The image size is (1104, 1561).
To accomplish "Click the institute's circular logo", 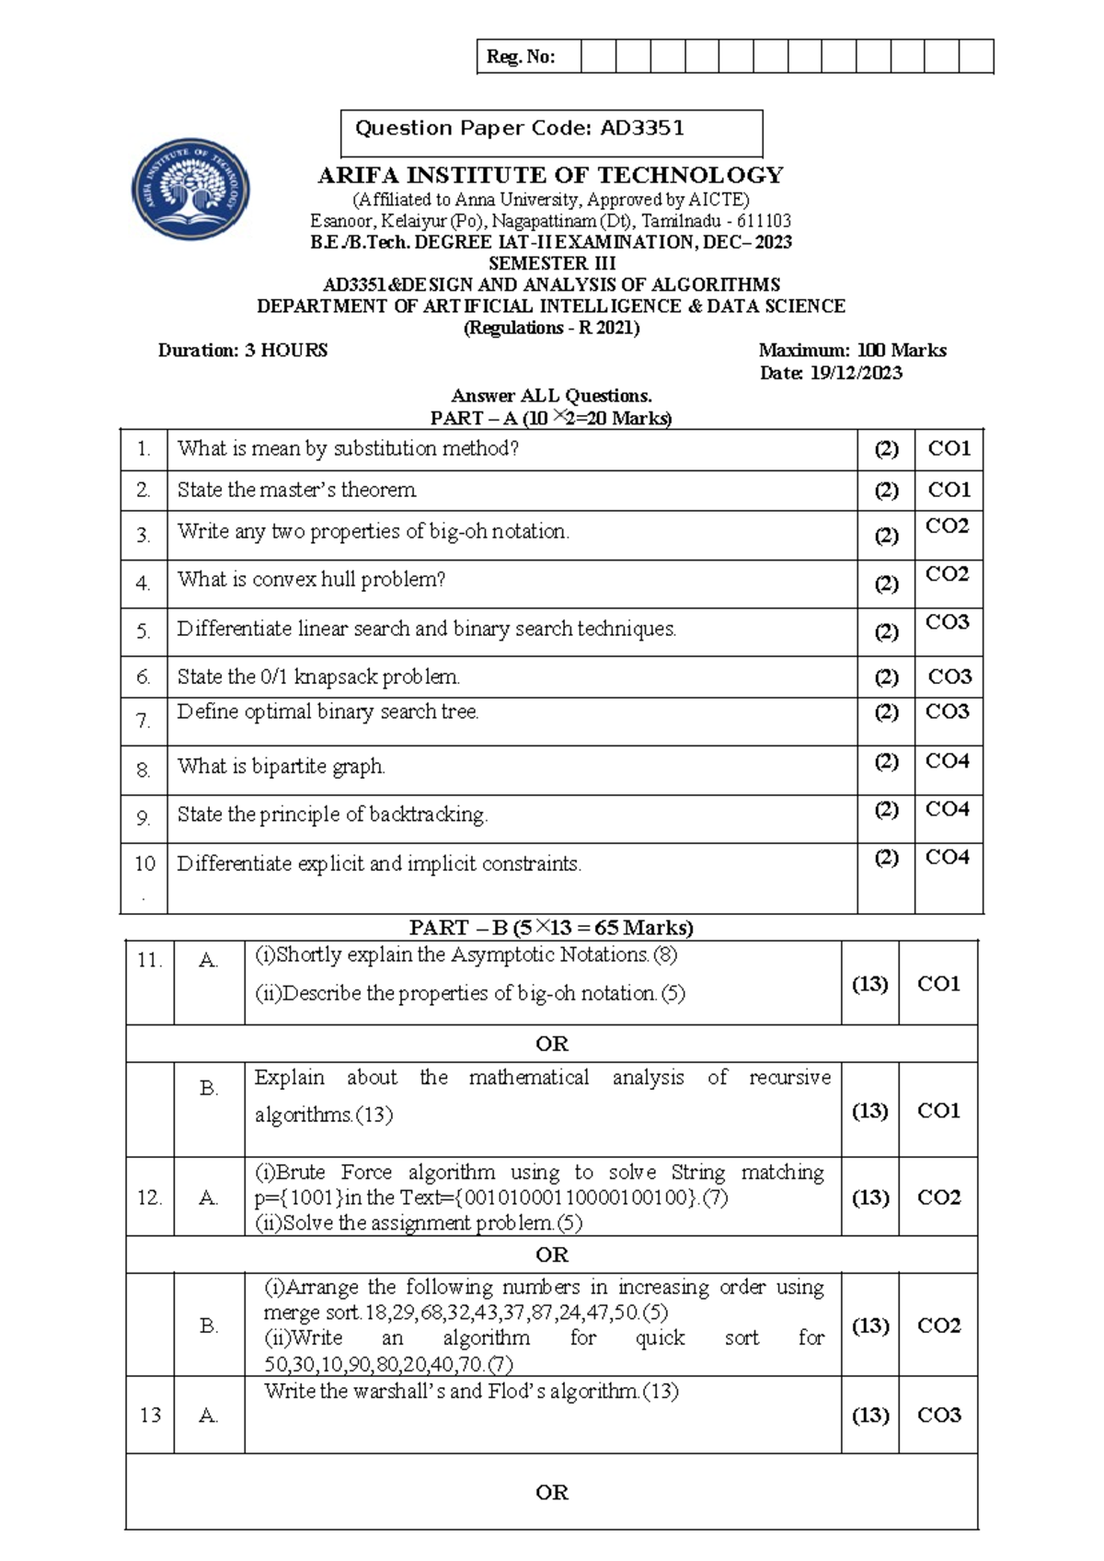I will [190, 190].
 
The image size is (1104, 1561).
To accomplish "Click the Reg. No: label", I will [521, 57].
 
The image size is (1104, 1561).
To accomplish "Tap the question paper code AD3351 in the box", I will [642, 129].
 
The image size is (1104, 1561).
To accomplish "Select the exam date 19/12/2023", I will [856, 374].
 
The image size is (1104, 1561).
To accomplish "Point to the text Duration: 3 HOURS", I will [243, 351].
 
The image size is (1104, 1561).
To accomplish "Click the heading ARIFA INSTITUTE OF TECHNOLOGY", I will [550, 176].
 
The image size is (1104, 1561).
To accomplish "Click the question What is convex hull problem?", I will [311, 580].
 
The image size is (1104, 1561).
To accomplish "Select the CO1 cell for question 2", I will [949, 490].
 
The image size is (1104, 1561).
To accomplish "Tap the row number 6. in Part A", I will [144, 677].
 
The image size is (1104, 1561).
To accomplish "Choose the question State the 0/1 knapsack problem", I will [318, 677].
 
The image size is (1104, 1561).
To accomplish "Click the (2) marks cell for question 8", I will [886, 762].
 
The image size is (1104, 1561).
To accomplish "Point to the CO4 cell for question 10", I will [947, 858].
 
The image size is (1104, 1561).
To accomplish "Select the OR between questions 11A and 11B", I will [551, 1044].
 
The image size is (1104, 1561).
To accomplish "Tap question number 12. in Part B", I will [149, 1197].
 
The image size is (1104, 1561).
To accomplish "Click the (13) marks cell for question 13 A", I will [869, 1415].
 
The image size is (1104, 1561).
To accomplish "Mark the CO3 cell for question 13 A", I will [938, 1415].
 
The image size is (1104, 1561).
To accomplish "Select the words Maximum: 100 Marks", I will [852, 351].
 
